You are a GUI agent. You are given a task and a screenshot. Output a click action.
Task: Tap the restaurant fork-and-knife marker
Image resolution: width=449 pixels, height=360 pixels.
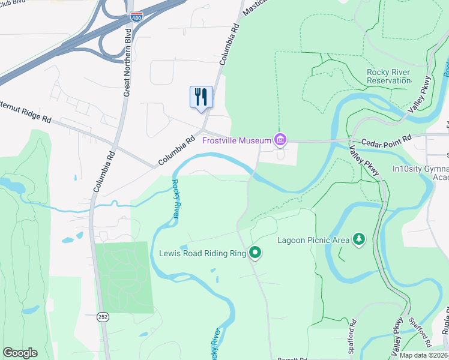201,97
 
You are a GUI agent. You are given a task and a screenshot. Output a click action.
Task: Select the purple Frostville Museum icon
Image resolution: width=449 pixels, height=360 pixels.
280,140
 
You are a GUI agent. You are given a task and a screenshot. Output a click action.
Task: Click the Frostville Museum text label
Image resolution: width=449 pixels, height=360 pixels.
237,140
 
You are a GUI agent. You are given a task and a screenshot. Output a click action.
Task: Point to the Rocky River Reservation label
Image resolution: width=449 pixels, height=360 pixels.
388,76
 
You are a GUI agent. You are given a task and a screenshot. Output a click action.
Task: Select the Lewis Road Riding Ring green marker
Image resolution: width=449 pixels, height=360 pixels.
255,253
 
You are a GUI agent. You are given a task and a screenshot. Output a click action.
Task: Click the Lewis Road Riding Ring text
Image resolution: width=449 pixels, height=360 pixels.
202,253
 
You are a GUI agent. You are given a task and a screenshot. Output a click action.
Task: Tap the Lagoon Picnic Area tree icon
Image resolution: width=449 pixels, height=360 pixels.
358,239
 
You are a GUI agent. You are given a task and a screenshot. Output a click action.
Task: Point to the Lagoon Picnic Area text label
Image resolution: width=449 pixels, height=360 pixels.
313,240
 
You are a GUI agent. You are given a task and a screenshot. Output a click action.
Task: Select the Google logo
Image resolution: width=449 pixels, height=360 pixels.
20,353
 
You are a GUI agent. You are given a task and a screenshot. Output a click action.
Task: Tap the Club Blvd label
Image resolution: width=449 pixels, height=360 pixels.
13,2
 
